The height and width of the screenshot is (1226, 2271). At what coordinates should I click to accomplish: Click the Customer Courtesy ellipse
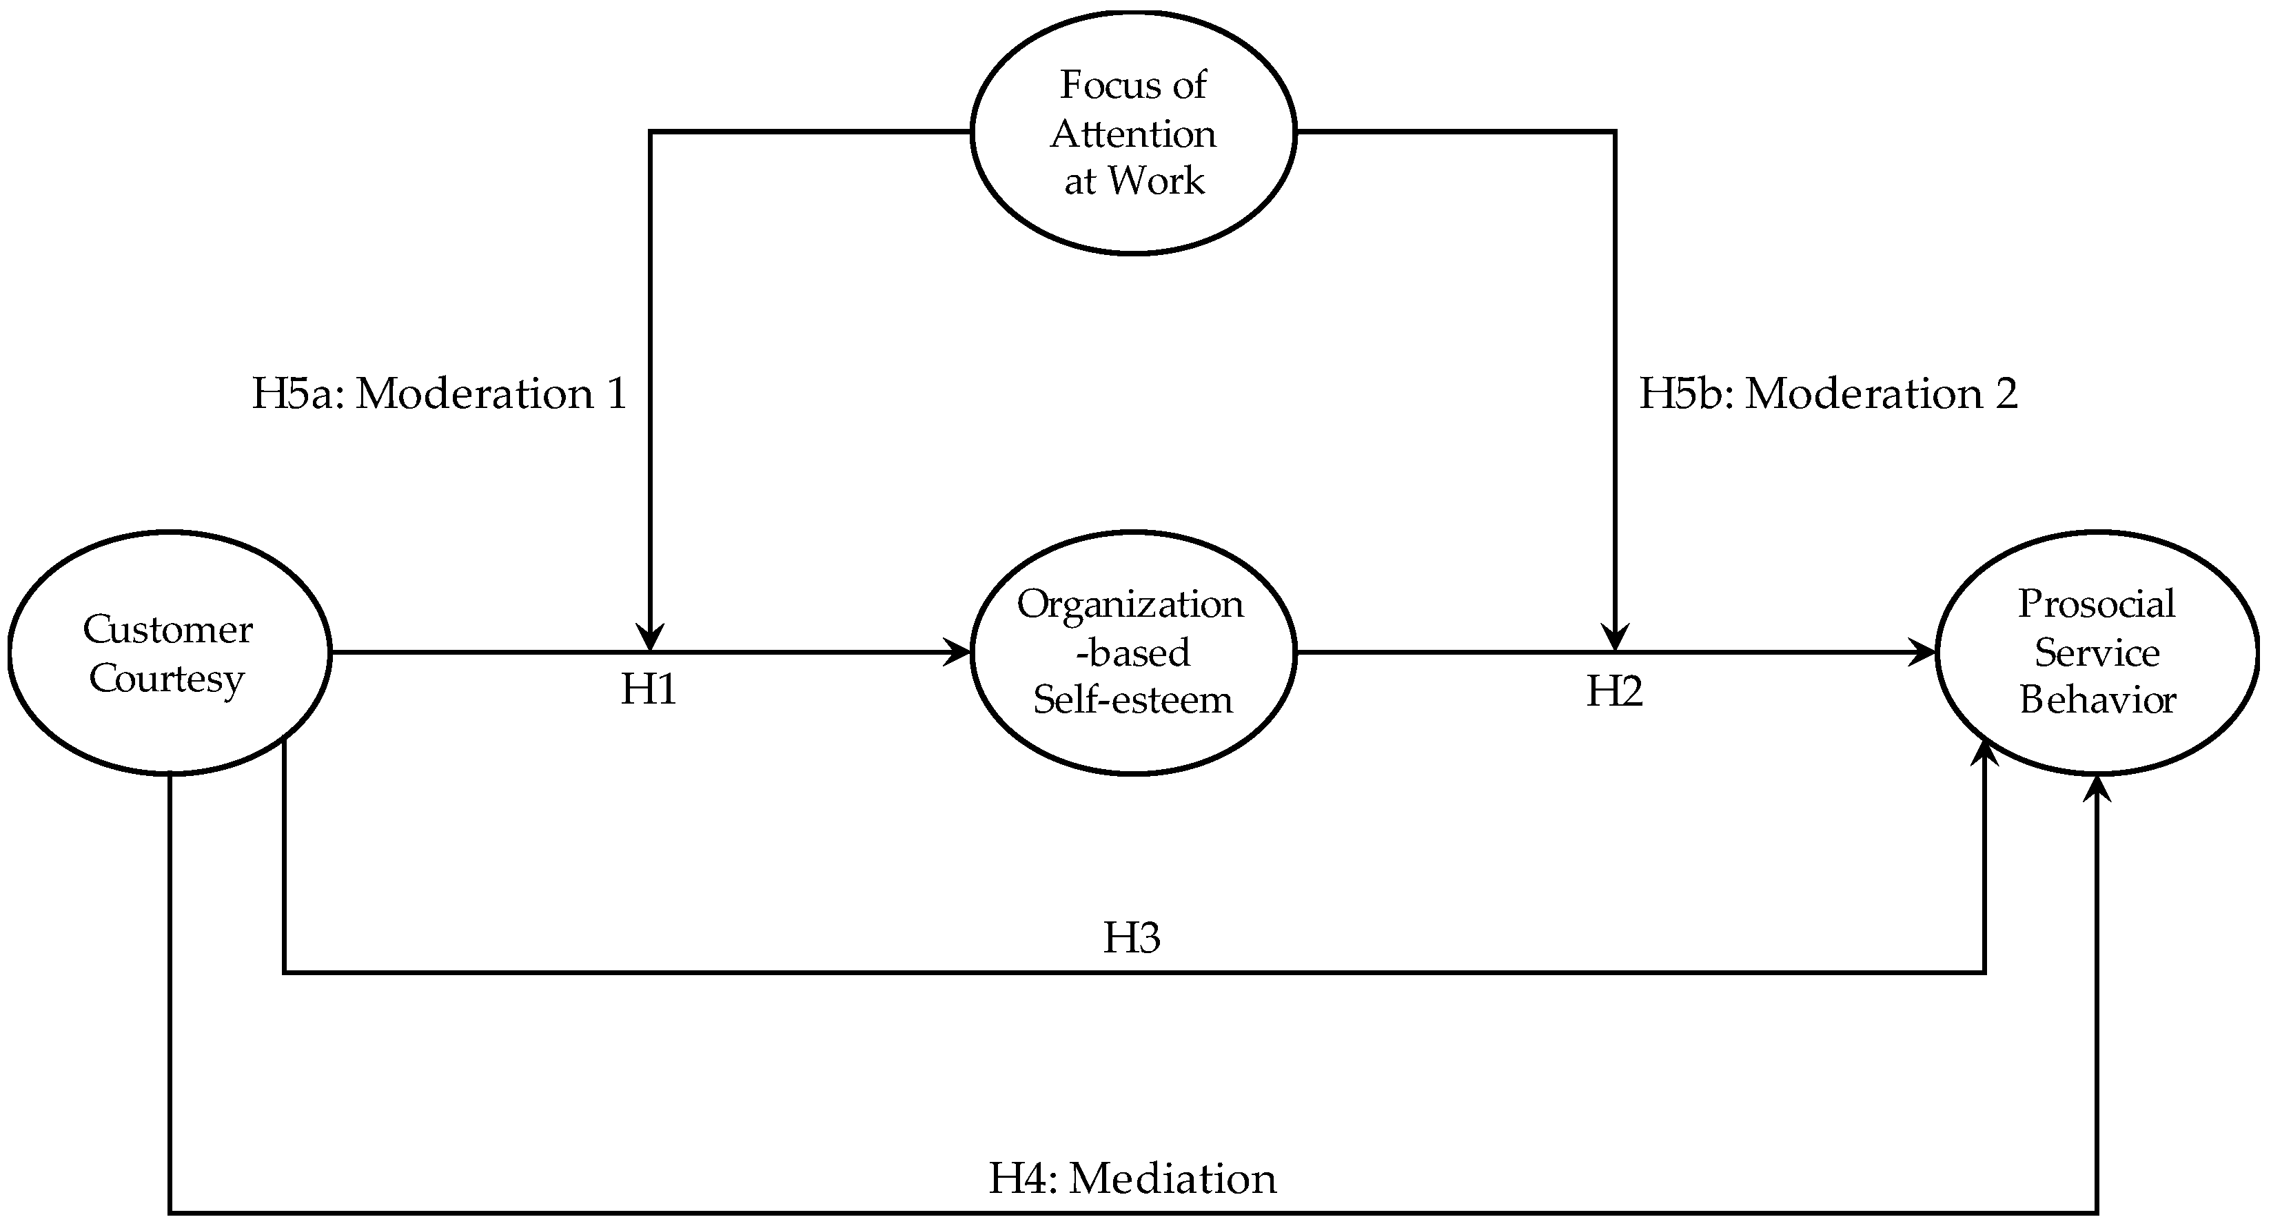[170, 653]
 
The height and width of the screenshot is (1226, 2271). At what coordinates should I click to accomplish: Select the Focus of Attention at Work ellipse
[1134, 132]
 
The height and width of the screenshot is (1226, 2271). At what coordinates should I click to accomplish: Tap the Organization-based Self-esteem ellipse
[1134, 653]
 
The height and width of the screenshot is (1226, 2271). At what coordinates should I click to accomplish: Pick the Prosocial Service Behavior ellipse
[2097, 653]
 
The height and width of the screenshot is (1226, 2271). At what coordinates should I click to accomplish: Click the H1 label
[649, 690]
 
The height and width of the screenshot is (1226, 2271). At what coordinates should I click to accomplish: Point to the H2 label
[1614, 692]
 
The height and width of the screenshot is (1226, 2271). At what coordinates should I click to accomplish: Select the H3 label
[1132, 938]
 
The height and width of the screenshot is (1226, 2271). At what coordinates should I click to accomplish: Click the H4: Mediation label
[1132, 1178]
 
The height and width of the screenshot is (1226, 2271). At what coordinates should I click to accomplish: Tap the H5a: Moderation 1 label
[439, 393]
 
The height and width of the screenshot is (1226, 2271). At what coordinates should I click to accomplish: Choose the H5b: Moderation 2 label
[1829, 393]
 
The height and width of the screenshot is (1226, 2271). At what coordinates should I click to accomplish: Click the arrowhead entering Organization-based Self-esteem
[959, 653]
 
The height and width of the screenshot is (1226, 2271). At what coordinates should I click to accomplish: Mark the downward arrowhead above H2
[1615, 638]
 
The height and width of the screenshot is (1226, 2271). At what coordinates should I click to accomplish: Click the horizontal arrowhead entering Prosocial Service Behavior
[1924, 653]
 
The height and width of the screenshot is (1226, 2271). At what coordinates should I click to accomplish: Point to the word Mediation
[1172, 1178]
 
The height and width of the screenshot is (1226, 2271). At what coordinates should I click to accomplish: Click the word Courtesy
[167, 679]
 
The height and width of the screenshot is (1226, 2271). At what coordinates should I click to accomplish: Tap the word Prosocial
[2097, 604]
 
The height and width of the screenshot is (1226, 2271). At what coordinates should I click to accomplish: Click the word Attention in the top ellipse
[1134, 134]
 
